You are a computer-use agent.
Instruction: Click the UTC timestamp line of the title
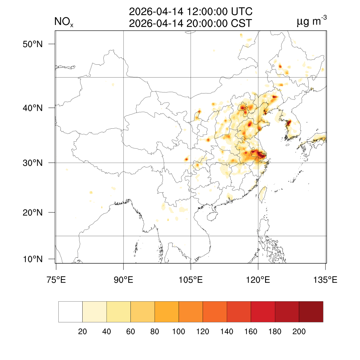(191, 12)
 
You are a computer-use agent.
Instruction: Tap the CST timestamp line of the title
(191, 24)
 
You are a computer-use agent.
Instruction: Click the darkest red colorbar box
(311, 312)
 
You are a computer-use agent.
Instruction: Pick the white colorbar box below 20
(70, 312)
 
